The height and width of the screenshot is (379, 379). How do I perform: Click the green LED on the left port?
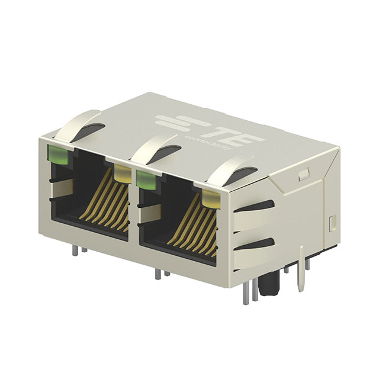57,155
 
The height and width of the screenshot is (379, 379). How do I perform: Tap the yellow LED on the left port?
123,174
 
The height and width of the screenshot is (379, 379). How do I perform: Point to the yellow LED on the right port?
210,198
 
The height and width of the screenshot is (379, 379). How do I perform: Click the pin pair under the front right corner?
249,292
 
